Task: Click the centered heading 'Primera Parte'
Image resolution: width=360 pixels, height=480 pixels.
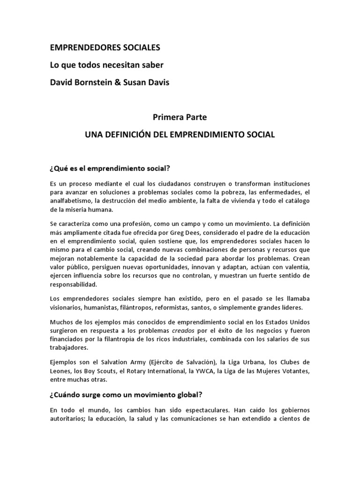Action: (180, 117)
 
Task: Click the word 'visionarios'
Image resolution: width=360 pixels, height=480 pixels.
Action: (66, 307)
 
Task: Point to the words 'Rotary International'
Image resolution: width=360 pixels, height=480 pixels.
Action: (153, 371)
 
